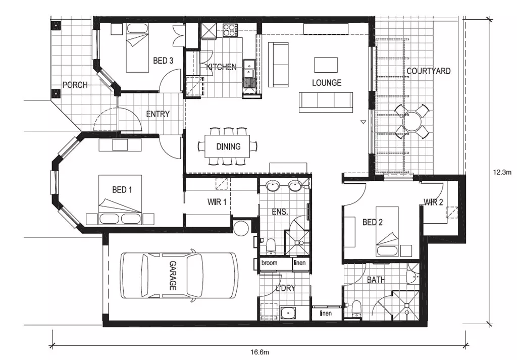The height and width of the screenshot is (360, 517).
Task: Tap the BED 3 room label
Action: click(163, 61)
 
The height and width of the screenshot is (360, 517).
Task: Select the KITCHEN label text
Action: click(221, 67)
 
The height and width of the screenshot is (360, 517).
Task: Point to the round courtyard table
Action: click(412, 122)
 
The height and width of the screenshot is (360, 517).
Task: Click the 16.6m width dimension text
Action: click(262, 352)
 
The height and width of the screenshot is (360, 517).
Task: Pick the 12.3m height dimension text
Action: click(502, 172)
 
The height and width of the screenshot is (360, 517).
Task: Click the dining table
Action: click(228, 147)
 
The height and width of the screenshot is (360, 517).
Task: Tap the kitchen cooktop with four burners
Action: click(229, 30)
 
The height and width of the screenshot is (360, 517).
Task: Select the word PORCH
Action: click(75, 85)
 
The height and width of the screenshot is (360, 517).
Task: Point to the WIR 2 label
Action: click(433, 203)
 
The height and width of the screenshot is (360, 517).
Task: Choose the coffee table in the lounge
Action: click(326, 65)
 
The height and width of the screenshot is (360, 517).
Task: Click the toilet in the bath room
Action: click(356, 308)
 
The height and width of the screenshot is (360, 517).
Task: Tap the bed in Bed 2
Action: click(387, 232)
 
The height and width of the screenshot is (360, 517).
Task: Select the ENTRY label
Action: click(158, 114)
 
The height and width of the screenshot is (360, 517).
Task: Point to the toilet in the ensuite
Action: click(271, 246)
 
